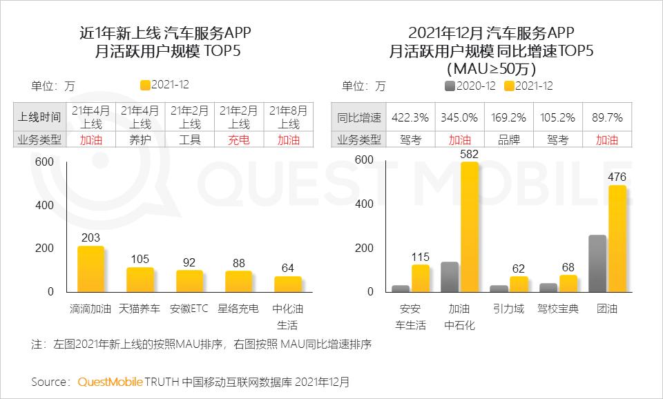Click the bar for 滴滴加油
(x=90, y=269)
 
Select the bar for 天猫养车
(x=140, y=280)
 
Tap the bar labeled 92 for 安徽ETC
(x=189, y=281)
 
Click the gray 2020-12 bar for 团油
(x=597, y=263)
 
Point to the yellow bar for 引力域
(x=519, y=284)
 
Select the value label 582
(x=469, y=154)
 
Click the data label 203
(x=90, y=238)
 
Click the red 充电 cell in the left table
(x=239, y=139)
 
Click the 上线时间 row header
(x=39, y=118)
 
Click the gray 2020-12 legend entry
(x=470, y=86)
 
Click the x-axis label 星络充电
(x=239, y=309)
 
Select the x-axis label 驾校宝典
(x=557, y=309)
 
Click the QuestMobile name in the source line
(x=110, y=381)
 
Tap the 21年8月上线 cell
(x=289, y=117)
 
